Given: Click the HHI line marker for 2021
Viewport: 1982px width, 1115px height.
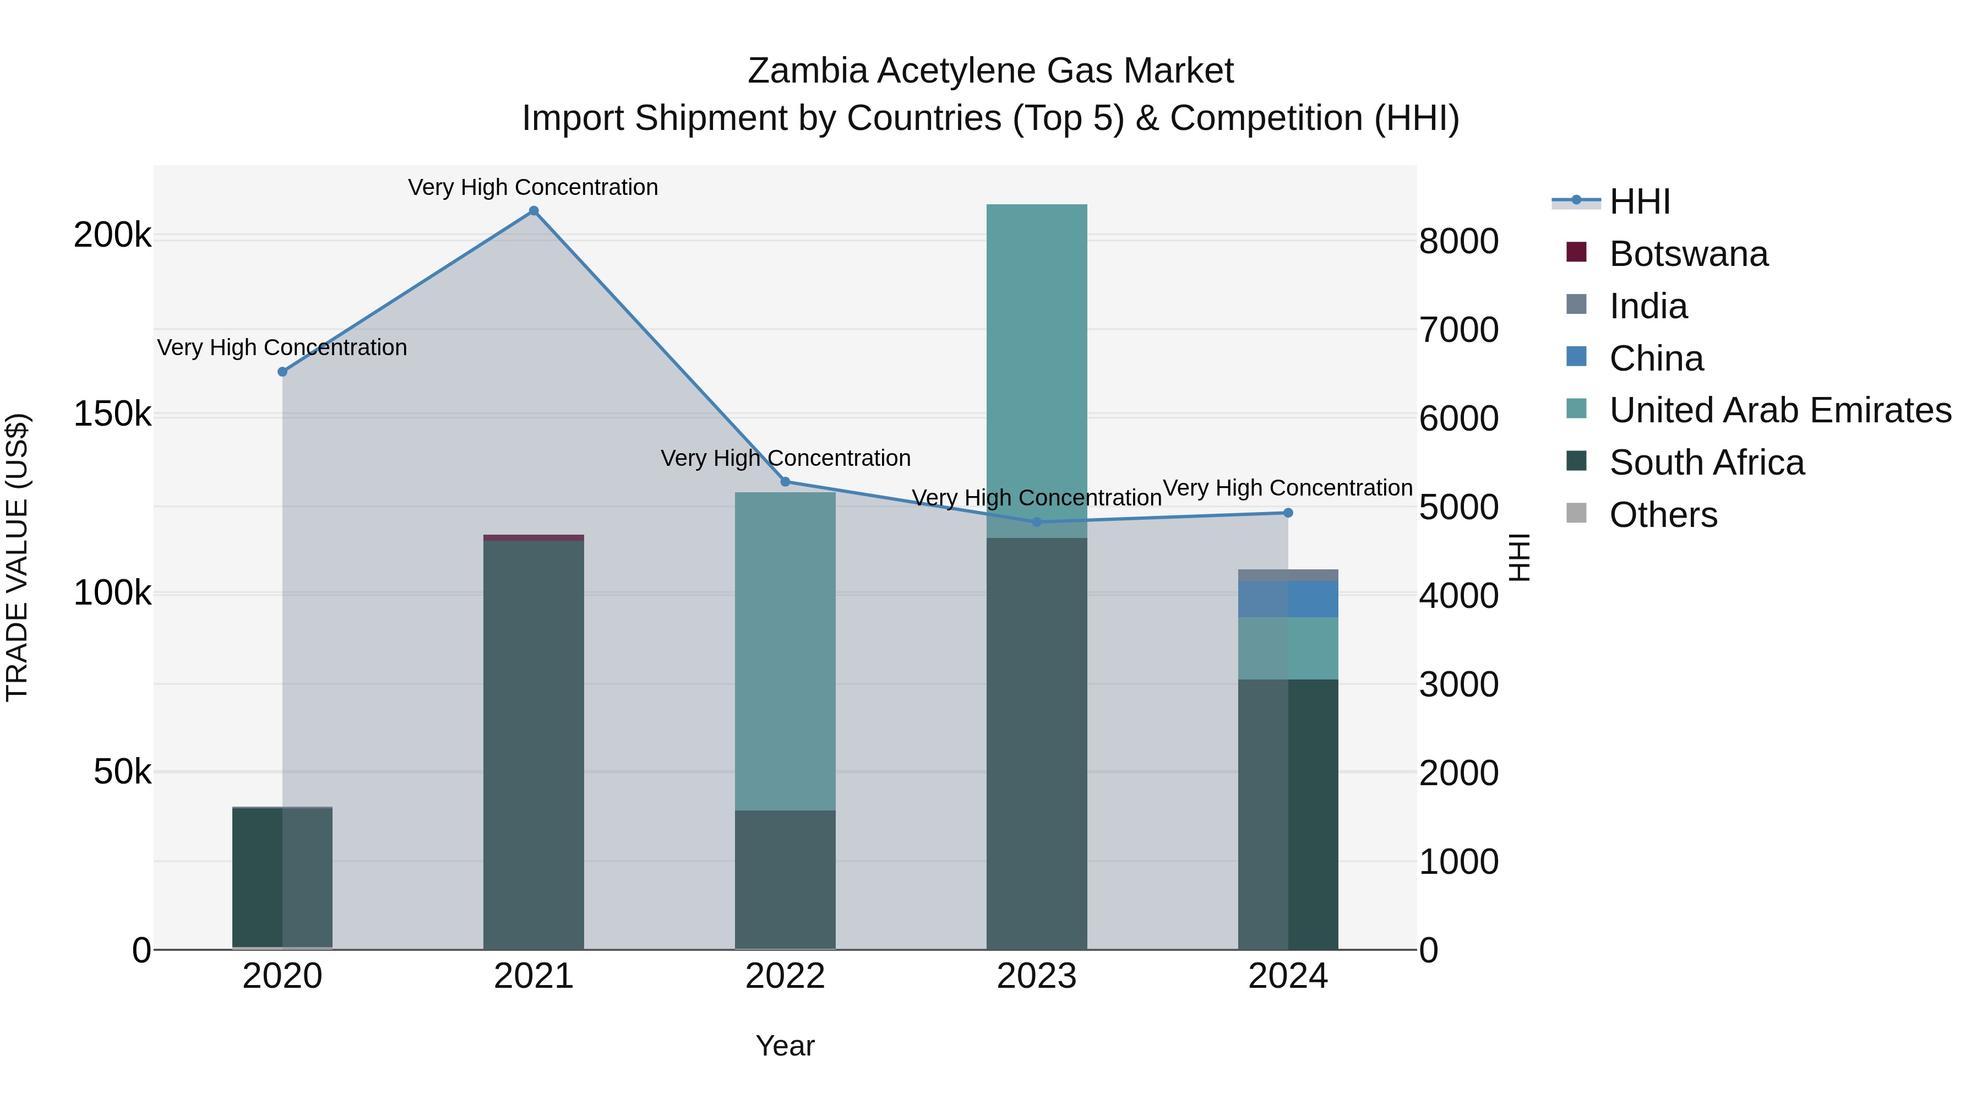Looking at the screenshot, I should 533,211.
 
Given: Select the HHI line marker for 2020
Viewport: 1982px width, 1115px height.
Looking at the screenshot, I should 282,372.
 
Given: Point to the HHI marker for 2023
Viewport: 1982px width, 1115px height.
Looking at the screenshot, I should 1036,522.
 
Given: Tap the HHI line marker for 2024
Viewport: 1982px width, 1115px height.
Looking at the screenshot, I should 1288,513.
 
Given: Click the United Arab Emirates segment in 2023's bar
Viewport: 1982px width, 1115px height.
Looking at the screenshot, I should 1036,369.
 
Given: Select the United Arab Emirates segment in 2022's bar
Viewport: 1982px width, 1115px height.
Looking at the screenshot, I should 785,650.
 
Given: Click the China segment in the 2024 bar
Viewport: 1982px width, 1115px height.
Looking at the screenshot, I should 1288,599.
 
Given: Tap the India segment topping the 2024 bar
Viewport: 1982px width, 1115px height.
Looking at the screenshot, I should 1288,575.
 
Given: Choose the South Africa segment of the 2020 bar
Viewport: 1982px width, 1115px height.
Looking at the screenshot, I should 282,877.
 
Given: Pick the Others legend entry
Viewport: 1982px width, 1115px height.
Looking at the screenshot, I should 1663,515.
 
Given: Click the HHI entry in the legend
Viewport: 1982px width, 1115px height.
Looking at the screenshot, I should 1639,202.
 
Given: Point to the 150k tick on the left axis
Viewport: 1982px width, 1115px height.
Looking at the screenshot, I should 112,414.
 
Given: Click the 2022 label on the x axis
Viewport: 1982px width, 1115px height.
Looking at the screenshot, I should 785,976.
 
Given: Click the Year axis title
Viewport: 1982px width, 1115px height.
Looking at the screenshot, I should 785,1046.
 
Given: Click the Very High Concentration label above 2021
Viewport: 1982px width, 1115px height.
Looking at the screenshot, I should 533,187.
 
